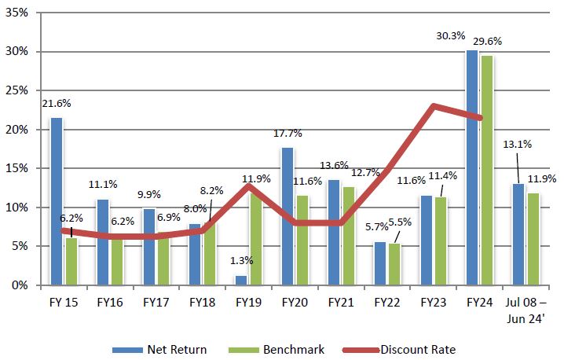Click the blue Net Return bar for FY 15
pos(57,201)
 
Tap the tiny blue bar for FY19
pos(241,280)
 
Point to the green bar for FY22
pos(394,264)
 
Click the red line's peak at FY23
pos(434,106)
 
